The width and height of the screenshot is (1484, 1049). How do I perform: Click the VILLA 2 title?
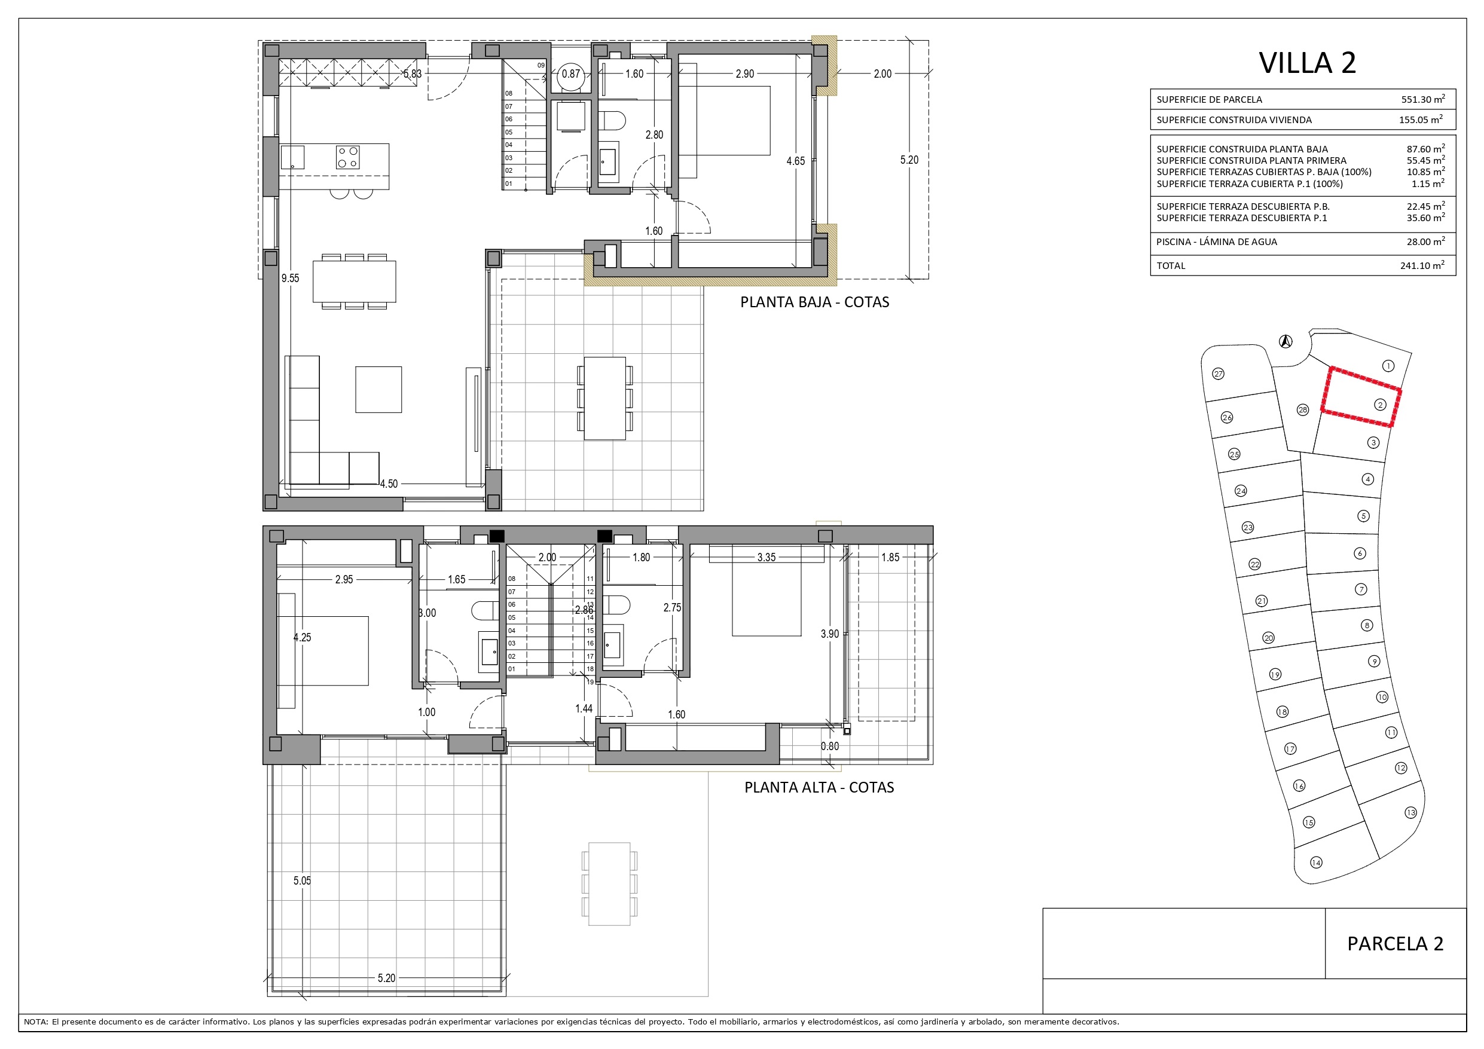click(1307, 63)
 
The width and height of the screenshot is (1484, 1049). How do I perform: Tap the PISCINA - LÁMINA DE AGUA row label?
click(1216, 241)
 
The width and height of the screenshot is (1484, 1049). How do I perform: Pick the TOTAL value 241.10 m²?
click(1422, 265)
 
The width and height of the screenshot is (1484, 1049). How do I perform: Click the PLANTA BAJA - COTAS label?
click(814, 302)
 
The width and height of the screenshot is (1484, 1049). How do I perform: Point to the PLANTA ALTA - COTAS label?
click(819, 787)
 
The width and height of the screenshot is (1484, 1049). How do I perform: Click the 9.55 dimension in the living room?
click(290, 279)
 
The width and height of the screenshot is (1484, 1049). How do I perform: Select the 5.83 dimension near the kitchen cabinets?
click(413, 74)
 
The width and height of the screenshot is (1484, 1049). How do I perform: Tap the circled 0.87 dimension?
click(571, 74)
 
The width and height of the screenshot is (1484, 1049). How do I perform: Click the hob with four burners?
click(348, 157)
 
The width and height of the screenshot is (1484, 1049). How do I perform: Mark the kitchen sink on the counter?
click(293, 157)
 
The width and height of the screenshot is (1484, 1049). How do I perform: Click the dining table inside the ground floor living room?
click(354, 281)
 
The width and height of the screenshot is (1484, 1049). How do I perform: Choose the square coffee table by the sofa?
click(378, 390)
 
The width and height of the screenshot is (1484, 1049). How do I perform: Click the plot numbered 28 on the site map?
click(1302, 410)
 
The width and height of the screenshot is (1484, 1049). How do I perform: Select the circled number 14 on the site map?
click(1316, 862)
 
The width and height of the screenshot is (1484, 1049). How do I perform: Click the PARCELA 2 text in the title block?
click(1395, 944)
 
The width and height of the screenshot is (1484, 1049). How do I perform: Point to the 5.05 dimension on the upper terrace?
click(302, 880)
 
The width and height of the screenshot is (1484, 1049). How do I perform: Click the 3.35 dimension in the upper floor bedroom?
click(766, 557)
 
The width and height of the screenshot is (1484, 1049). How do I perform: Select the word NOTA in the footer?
click(35, 1022)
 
